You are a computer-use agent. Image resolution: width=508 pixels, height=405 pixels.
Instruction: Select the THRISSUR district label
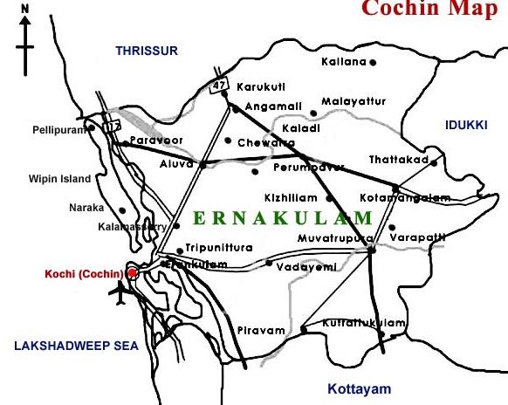point(146,51)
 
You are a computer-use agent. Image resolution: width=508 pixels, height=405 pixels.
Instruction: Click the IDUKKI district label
point(465,125)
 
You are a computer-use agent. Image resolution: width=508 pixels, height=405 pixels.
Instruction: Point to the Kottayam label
point(359,389)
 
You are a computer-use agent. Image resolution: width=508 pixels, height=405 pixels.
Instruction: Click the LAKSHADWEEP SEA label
point(77,347)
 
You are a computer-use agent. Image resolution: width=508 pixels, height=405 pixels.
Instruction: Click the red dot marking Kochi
point(133,273)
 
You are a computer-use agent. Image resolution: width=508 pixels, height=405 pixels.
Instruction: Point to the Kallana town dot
point(373,63)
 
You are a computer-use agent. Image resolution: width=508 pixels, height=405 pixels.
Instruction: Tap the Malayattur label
point(353,101)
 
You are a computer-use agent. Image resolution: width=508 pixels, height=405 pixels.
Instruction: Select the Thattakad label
point(397,160)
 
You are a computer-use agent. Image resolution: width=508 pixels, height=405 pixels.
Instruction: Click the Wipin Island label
point(59,179)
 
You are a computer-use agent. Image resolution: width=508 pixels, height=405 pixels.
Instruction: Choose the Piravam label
point(261,331)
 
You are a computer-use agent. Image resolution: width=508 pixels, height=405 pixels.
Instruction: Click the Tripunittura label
point(219,247)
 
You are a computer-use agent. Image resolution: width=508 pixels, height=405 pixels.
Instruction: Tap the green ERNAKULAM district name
point(283,216)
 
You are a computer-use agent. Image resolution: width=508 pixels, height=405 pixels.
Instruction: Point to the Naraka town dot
point(122,209)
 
